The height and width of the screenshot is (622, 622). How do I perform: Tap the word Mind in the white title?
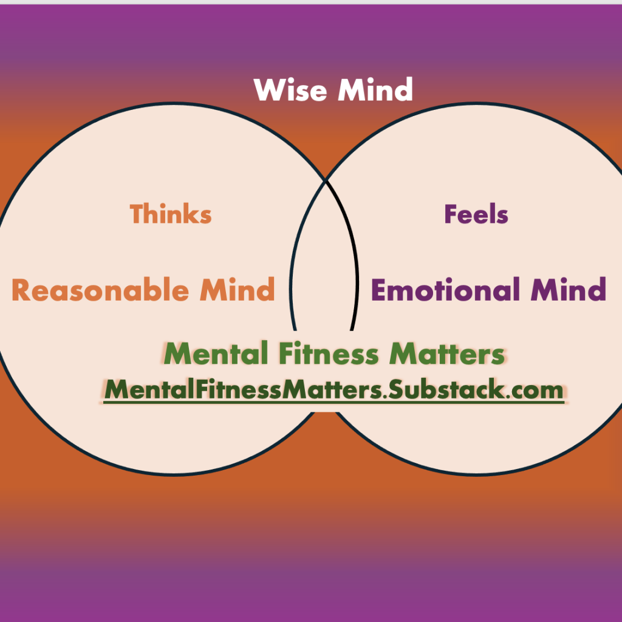pos(375,90)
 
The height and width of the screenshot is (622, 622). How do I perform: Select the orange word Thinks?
pos(171,214)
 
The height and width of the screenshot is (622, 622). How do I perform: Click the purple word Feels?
pos(476,214)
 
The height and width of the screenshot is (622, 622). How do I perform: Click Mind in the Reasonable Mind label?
pos(238,290)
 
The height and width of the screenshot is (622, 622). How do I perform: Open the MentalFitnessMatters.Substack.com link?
pos(333,389)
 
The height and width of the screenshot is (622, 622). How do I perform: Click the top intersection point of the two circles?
pos(326,180)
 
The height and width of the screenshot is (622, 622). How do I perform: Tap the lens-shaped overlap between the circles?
pos(324,255)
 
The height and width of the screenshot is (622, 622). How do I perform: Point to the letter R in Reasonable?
pos(22,290)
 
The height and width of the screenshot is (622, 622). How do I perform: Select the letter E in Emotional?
pos(379,290)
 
